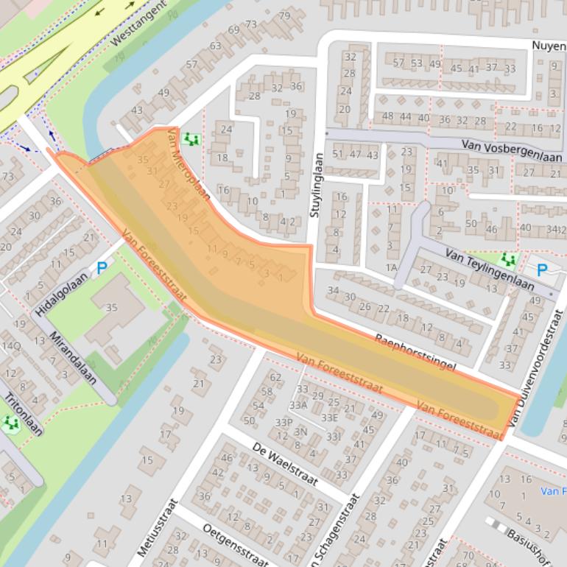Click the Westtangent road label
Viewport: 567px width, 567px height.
coord(139,23)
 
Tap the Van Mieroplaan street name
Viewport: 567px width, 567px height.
coord(189,166)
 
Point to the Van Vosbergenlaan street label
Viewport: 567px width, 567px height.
coord(513,152)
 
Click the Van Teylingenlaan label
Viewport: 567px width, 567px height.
coord(489,270)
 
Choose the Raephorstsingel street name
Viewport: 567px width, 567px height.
coord(415,350)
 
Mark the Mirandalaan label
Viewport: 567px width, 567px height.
coord(74,359)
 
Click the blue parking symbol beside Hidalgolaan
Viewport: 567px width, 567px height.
coord(102,270)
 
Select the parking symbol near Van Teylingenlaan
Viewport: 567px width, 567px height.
coord(541,270)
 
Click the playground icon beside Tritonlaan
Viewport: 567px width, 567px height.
coord(10,423)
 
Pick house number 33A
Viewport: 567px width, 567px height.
coord(297,404)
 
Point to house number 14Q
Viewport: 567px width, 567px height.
coord(11,345)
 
